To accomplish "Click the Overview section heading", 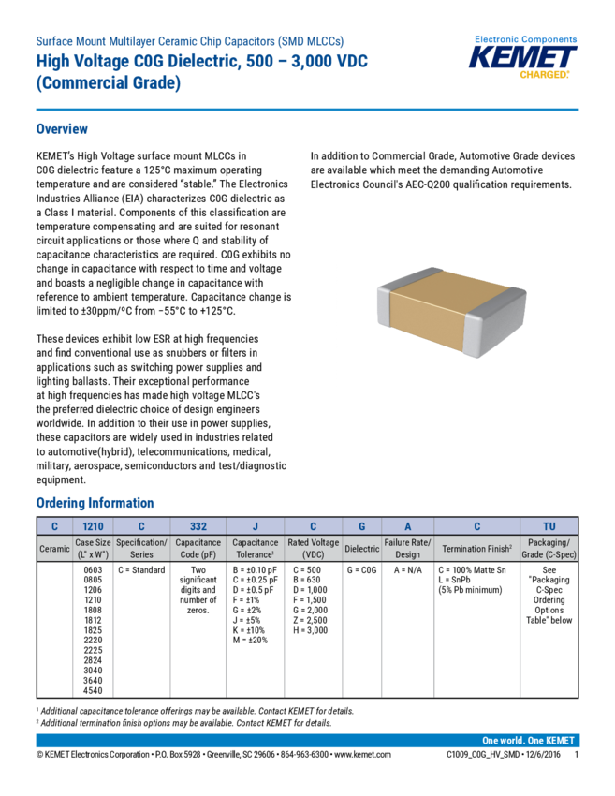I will [x=62, y=128].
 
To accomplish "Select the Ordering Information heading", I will [x=95, y=503].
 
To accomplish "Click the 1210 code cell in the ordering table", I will [x=94, y=526].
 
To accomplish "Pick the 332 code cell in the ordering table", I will [x=198, y=526].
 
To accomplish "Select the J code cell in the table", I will [x=255, y=526].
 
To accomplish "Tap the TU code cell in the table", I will [x=549, y=526].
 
